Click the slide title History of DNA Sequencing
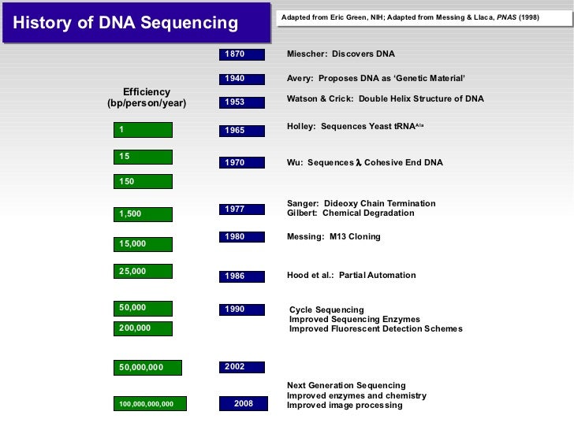[x=125, y=23]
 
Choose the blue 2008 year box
[x=244, y=404]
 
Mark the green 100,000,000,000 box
[x=150, y=404]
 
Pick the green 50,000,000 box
[x=147, y=367]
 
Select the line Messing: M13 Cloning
[x=334, y=237]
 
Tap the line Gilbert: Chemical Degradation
[x=350, y=213]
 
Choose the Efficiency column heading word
[x=147, y=92]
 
